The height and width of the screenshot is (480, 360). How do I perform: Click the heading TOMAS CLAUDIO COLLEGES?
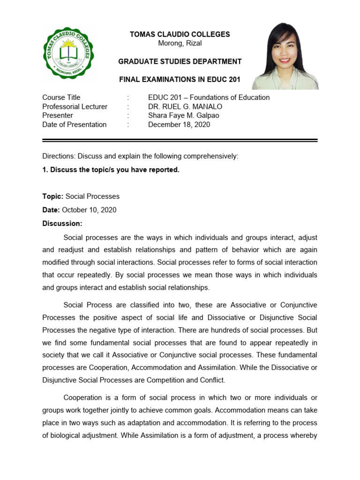pyautogui.click(x=180, y=34)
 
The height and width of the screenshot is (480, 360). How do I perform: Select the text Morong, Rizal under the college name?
pyautogui.click(x=180, y=43)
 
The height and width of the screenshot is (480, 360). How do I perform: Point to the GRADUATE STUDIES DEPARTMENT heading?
pyautogui.click(x=180, y=61)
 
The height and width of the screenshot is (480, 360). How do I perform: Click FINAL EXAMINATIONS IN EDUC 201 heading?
pyautogui.click(x=180, y=80)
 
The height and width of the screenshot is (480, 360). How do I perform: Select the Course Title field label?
pyautogui.click(x=61, y=97)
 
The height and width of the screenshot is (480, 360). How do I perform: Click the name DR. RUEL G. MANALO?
pyautogui.click(x=185, y=106)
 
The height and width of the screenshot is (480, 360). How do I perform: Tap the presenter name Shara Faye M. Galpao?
pyautogui.click(x=183, y=115)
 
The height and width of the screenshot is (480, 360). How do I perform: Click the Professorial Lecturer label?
pyautogui.click(x=75, y=106)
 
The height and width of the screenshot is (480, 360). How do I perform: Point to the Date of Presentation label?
pyautogui.click(x=75, y=125)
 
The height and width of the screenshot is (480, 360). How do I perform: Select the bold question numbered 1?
pyautogui.click(x=111, y=170)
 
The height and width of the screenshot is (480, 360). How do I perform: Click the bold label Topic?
pyautogui.click(x=53, y=196)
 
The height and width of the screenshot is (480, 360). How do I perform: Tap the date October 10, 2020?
pyautogui.click(x=89, y=210)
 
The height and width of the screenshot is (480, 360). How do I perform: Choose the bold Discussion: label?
pyautogui.click(x=62, y=224)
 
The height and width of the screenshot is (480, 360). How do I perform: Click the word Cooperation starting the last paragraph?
pyautogui.click(x=82, y=397)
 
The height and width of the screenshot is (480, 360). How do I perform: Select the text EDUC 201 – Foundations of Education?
pyautogui.click(x=209, y=97)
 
